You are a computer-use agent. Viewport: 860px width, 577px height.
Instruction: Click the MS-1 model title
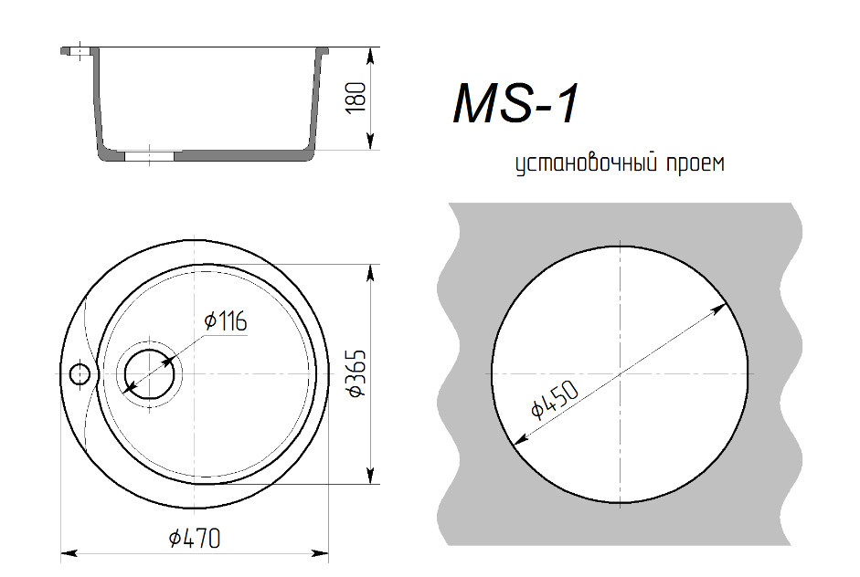point(515,104)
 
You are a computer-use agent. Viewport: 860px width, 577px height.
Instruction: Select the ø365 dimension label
point(356,372)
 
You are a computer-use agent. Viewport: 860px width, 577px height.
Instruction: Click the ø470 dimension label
point(195,539)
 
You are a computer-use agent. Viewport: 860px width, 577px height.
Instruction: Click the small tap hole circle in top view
point(80,373)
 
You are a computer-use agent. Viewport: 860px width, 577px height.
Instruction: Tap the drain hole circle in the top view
point(148,374)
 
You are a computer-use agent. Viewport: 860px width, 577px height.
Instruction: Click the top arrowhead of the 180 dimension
point(370,55)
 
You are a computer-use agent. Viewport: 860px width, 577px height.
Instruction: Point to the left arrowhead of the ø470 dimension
point(68,552)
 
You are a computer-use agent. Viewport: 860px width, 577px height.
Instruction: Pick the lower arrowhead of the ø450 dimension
point(518,440)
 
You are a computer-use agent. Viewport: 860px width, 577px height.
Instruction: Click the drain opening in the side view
point(148,156)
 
